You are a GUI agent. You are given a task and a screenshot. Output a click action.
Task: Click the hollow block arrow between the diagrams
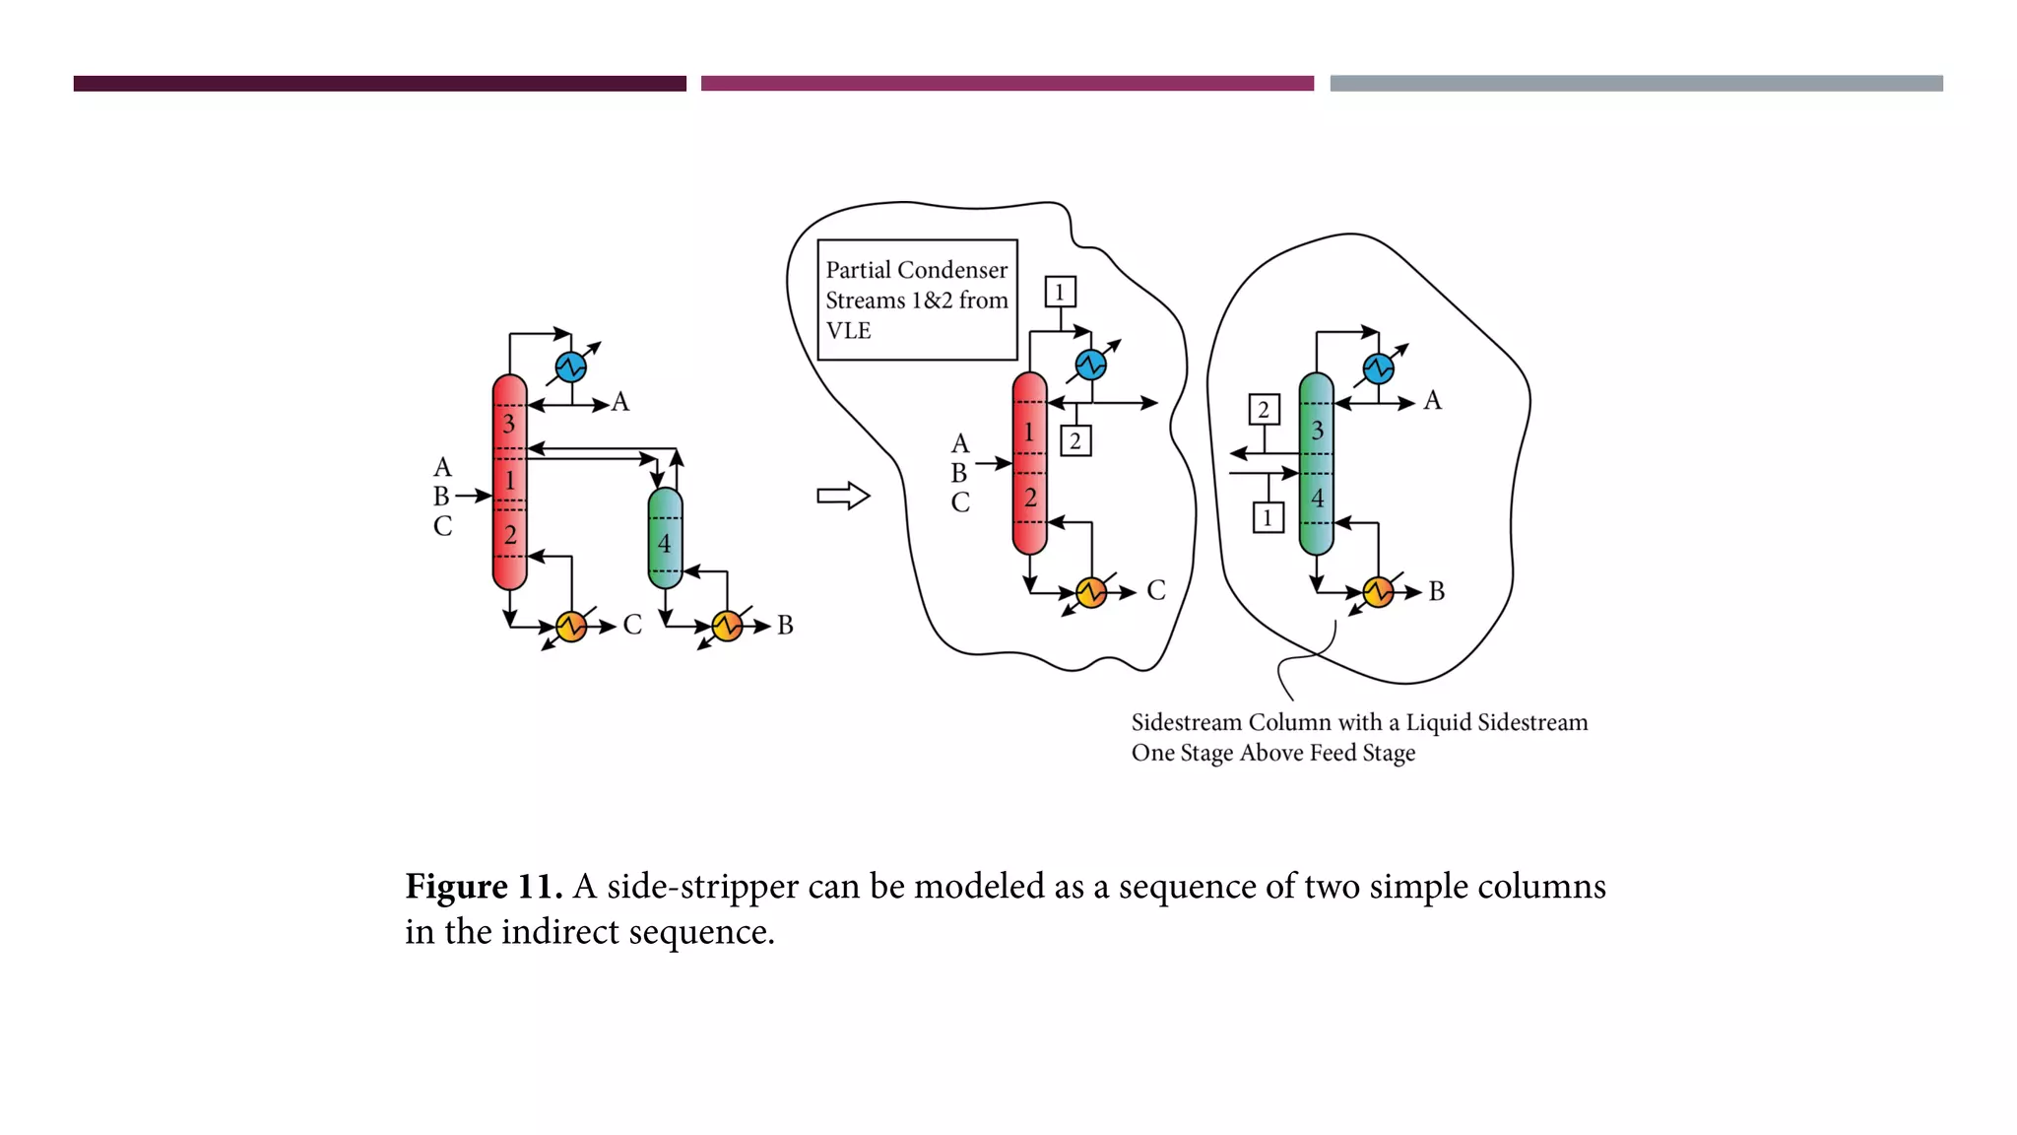click(843, 496)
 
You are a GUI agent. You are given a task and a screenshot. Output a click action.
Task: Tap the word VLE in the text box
click(848, 331)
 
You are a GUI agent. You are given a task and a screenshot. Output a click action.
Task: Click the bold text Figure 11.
click(483, 887)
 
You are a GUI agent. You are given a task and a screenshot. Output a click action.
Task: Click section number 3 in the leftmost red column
click(509, 425)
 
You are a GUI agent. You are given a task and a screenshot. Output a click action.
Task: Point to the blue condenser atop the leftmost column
click(571, 367)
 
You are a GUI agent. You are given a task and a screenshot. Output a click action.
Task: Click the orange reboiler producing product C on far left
click(571, 626)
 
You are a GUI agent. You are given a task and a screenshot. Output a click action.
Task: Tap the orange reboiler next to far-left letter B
click(727, 626)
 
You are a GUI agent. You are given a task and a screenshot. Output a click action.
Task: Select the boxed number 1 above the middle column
click(1060, 292)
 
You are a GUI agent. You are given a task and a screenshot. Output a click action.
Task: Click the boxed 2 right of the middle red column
click(1075, 440)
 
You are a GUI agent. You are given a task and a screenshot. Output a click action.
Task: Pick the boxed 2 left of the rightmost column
click(1264, 410)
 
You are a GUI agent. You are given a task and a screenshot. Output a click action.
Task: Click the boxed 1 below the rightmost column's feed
click(1268, 517)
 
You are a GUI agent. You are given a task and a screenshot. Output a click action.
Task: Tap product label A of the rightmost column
click(1432, 401)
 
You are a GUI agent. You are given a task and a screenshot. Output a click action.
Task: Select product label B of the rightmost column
click(1436, 591)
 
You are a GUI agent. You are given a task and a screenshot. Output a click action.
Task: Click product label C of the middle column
click(1156, 590)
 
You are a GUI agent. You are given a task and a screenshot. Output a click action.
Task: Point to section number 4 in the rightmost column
click(1317, 499)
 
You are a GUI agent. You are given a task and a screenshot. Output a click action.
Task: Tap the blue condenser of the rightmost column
click(1378, 368)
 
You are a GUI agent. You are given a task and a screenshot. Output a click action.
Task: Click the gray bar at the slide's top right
click(1636, 84)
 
